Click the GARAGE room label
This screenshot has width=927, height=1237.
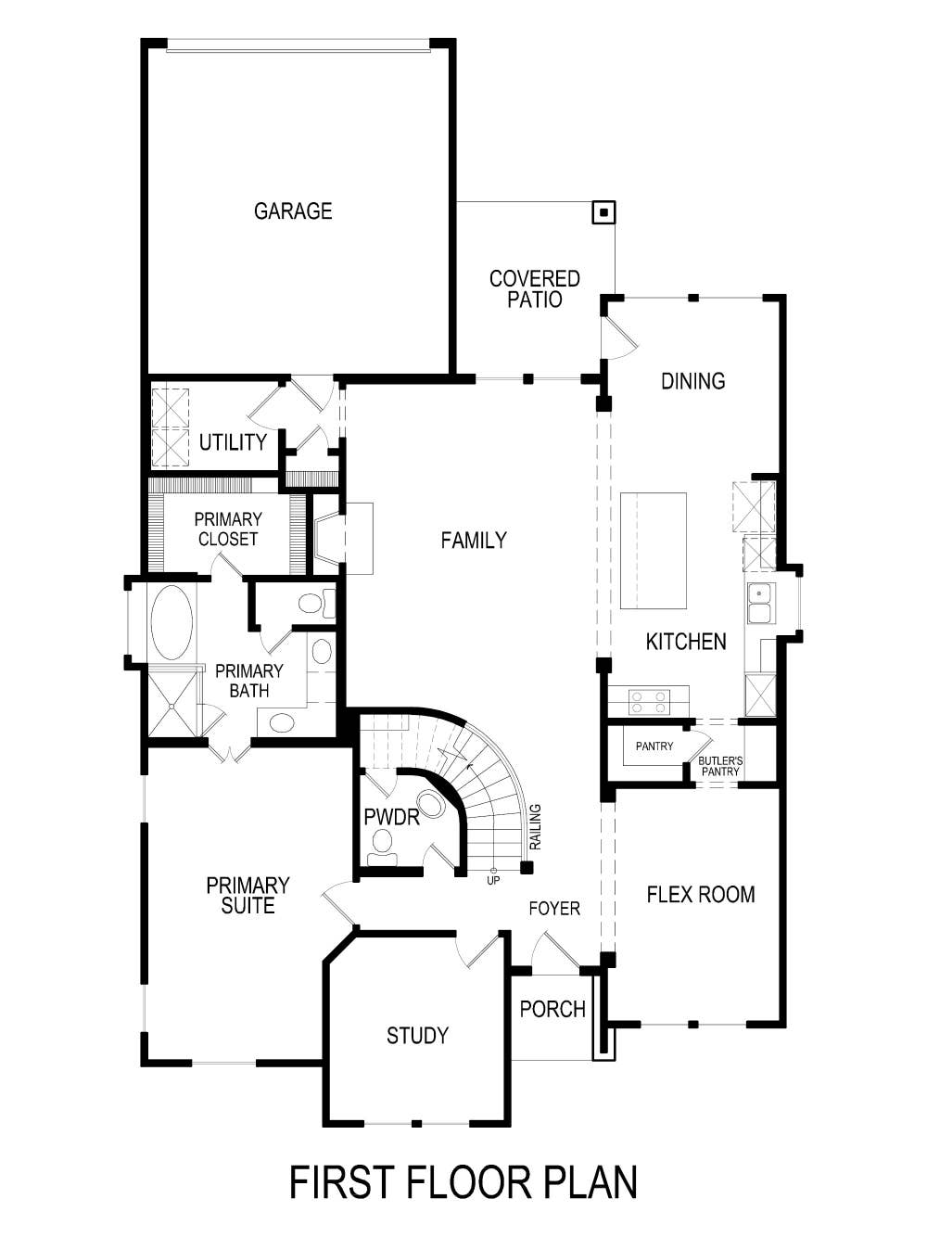[293, 211]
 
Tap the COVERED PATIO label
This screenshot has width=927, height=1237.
[535, 288]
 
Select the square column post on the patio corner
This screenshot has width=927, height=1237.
[603, 213]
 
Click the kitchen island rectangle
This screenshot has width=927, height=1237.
[654, 551]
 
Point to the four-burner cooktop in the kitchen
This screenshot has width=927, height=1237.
[648, 701]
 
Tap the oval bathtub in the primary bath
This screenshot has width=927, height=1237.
[171, 622]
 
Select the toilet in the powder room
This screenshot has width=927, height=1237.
[382, 845]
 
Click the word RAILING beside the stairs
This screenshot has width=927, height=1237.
[536, 826]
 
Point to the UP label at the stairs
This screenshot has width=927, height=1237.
[493, 880]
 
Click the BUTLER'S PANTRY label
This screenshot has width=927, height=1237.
[720, 766]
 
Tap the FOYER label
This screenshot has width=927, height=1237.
[554, 909]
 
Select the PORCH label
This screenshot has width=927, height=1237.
[552, 1009]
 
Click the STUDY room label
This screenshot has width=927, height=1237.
[417, 1036]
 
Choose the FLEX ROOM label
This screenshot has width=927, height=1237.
[701, 895]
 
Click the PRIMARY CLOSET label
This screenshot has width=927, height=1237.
[228, 529]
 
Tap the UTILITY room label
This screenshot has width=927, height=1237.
[233, 442]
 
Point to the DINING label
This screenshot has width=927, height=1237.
[692, 381]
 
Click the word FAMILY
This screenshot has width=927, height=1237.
[474, 541]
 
